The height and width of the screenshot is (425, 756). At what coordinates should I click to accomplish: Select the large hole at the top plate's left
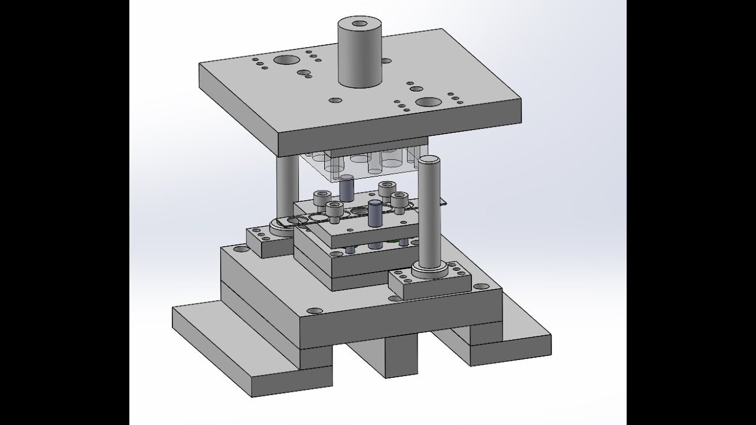tap(286, 60)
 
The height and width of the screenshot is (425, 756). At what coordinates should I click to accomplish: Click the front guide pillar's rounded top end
tap(428, 160)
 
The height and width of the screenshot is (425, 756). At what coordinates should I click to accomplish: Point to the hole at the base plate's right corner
tap(483, 286)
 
